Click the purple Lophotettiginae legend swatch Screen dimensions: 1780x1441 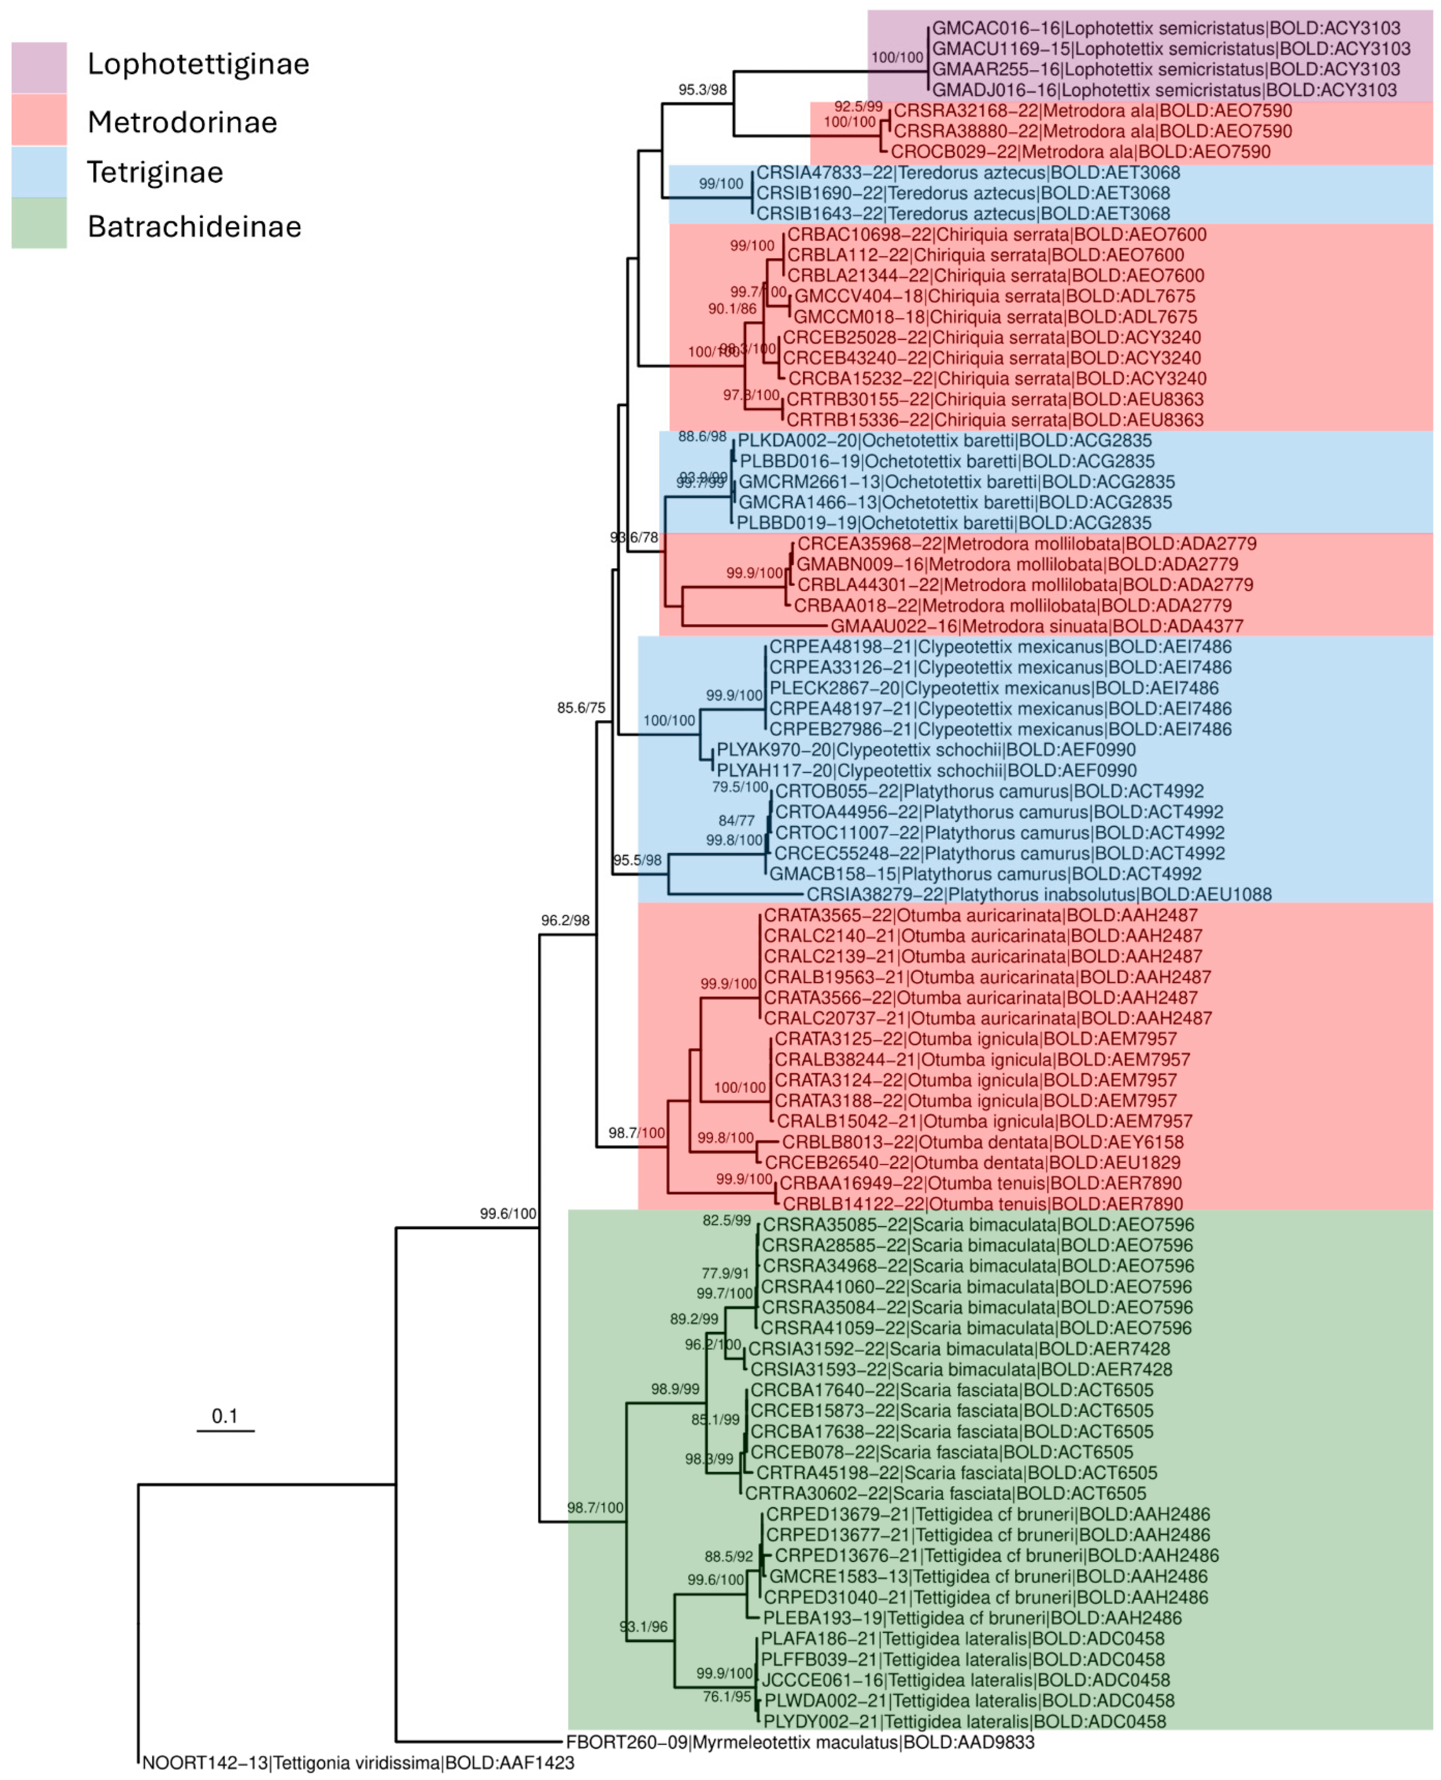pos(39,67)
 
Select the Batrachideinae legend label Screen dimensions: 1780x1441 pos(194,227)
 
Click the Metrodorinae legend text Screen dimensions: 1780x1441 pos(182,122)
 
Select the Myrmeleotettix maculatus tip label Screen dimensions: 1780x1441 pos(800,1742)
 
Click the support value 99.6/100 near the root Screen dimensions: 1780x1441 pos(508,1214)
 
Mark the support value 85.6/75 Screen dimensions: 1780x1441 pos(581,708)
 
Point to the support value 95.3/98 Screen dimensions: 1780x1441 pos(702,90)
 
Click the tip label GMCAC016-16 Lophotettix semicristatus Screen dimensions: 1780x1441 pos(1166,28)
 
